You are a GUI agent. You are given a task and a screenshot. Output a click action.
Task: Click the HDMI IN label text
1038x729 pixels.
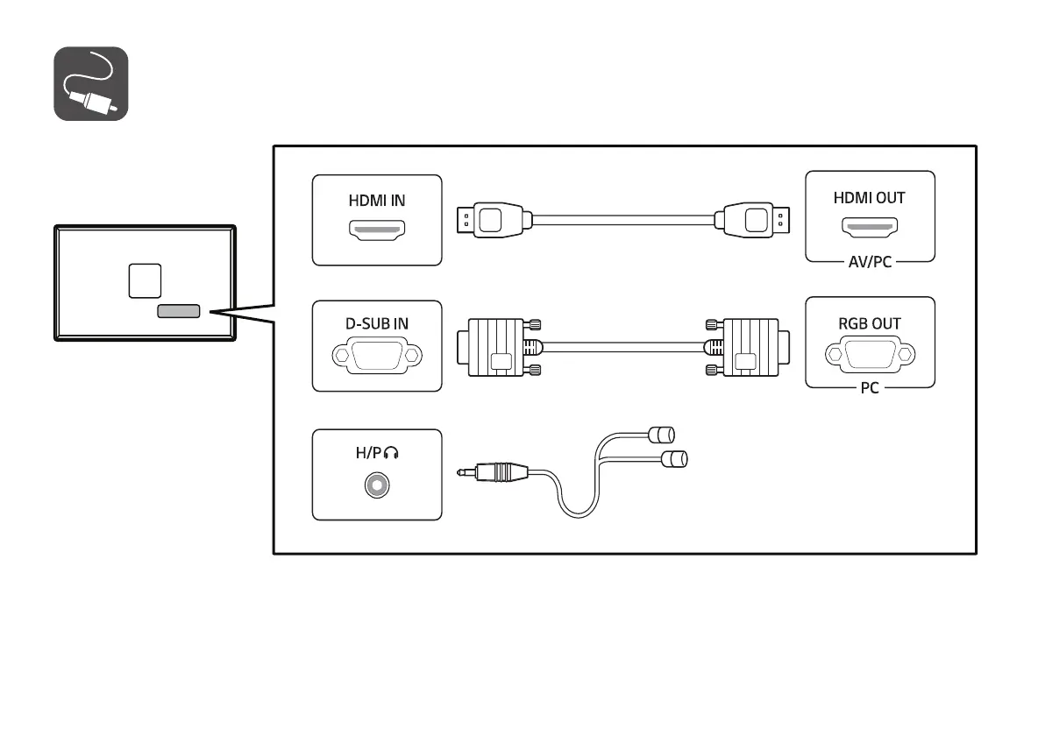[377, 200]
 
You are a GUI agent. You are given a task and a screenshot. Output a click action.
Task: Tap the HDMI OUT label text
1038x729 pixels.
[869, 197]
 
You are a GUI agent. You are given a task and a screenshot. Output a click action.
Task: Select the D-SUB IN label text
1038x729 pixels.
[376, 323]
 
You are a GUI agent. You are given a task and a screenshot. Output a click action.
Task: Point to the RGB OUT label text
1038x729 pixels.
[869, 323]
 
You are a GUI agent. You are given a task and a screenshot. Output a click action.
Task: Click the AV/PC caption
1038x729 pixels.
[870, 262]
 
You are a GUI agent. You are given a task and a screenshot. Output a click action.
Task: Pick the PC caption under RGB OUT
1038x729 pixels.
[870, 388]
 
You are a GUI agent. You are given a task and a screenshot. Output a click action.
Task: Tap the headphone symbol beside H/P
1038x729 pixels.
[391, 453]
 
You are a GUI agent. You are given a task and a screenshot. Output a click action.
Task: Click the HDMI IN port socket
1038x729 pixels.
[377, 230]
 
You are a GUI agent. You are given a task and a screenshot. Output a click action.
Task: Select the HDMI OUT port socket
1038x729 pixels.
[870, 228]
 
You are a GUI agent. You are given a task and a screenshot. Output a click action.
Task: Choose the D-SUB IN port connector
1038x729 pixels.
[377, 356]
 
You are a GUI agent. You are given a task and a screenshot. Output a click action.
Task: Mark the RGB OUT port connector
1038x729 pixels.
[870, 355]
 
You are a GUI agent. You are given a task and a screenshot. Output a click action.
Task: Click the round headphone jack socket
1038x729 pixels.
[377, 485]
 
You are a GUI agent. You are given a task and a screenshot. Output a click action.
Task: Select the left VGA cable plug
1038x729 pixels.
[498, 347]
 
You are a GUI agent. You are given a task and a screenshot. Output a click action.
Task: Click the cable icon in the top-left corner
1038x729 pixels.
[91, 84]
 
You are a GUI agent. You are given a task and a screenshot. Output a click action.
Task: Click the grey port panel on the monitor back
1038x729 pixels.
[179, 311]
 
